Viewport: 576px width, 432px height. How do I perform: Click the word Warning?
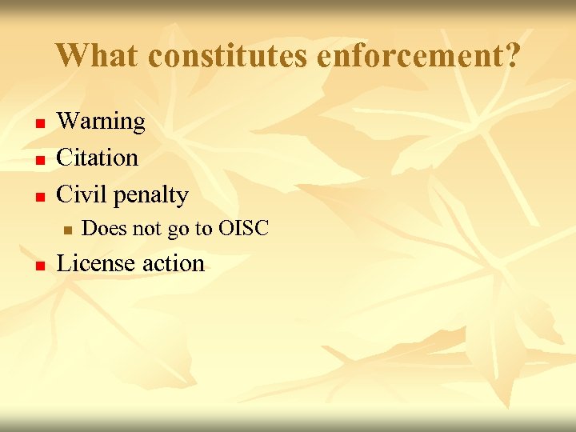point(101,122)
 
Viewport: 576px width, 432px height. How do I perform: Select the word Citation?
point(97,158)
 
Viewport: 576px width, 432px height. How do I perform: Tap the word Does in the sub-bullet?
point(104,229)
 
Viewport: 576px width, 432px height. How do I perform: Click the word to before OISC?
point(202,229)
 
